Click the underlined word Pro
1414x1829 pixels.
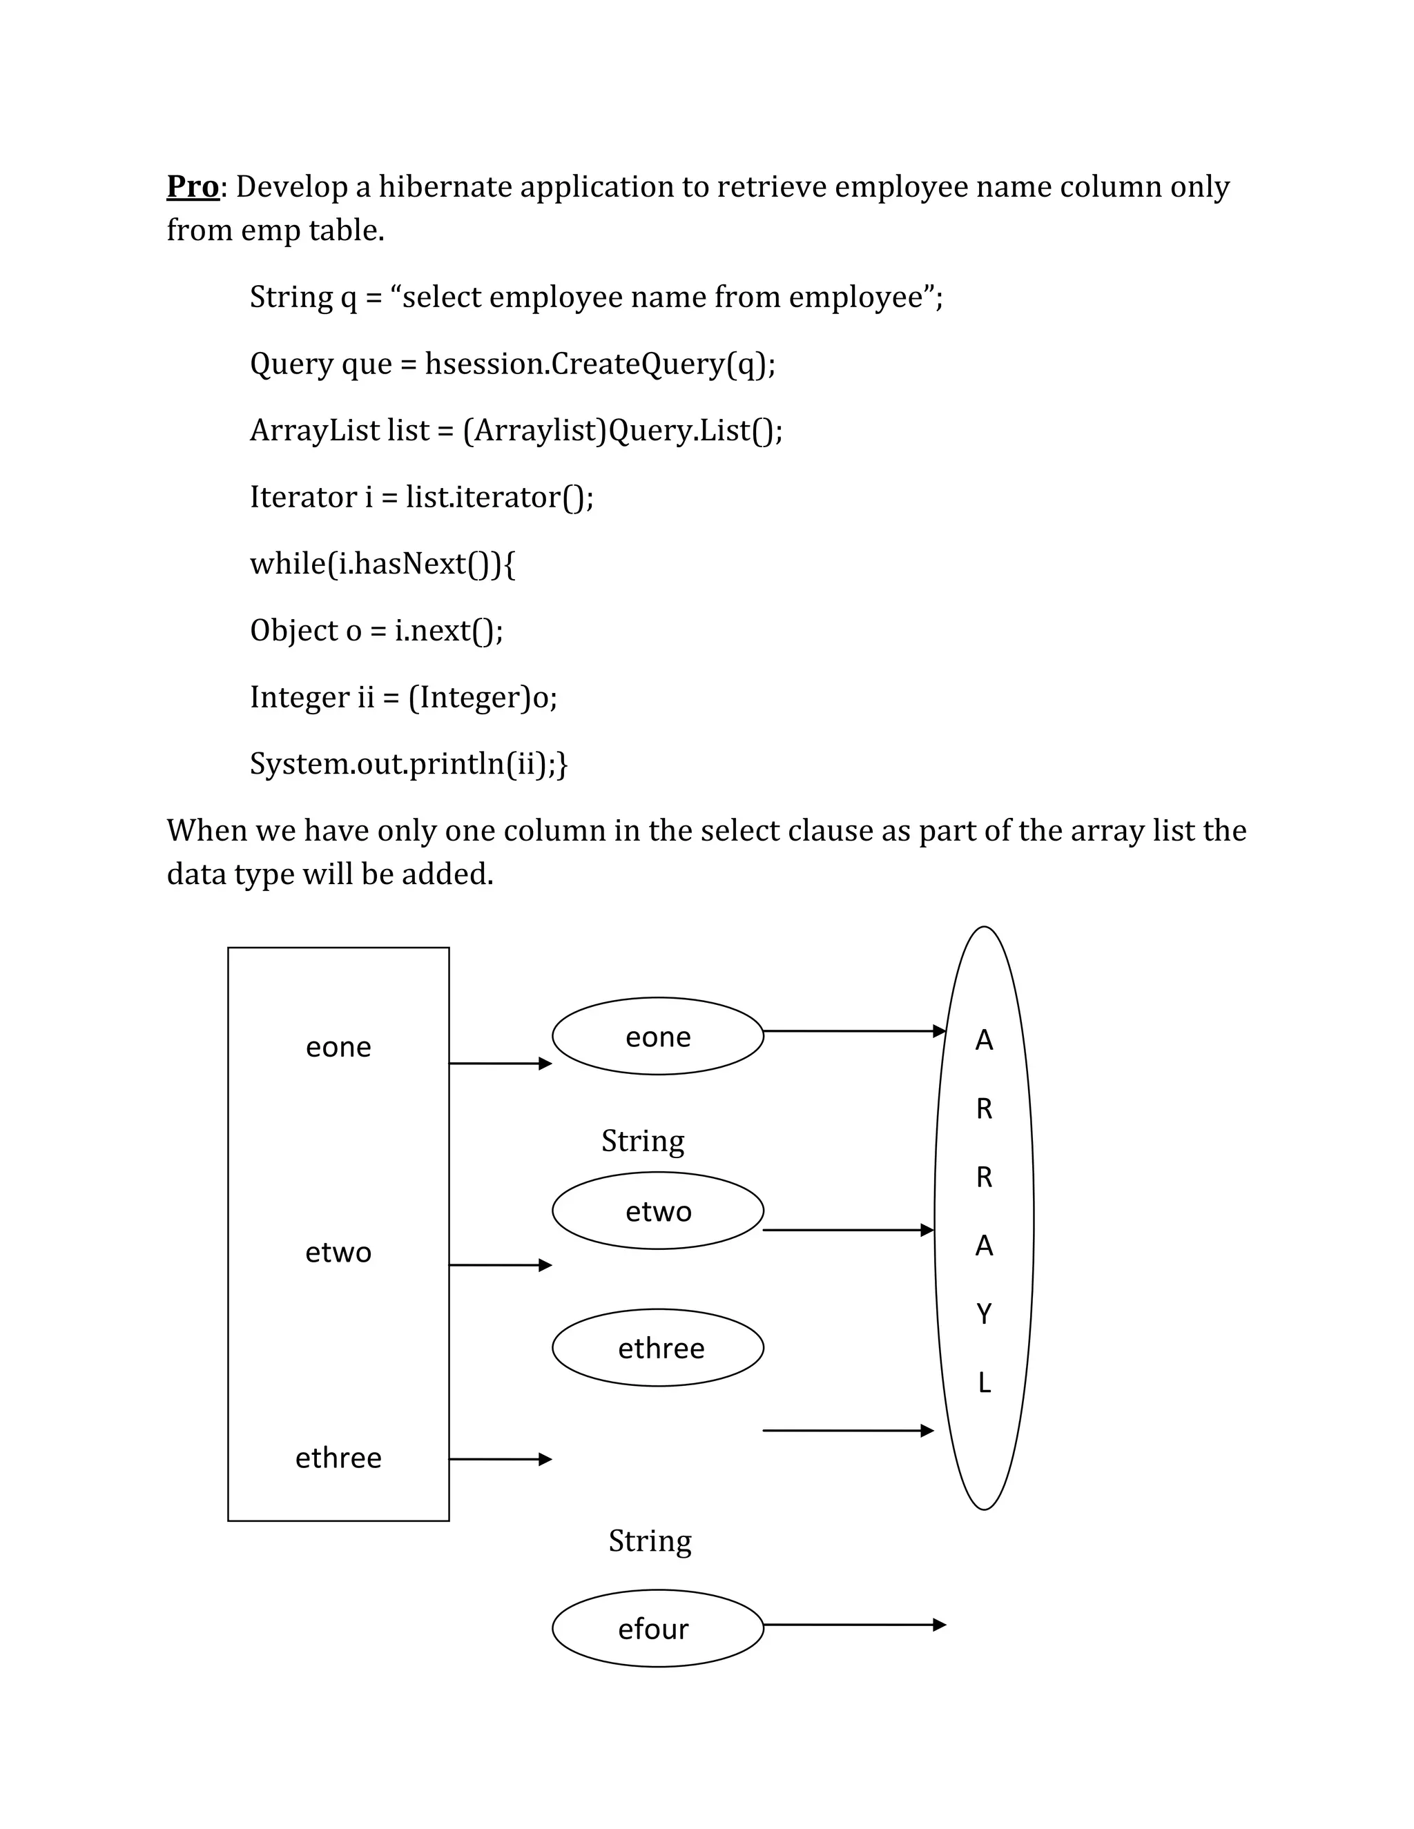193,186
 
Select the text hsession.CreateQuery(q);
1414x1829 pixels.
600,364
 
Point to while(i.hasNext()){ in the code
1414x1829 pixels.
382,564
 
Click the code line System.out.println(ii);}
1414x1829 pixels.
409,764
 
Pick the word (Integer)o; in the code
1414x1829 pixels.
483,697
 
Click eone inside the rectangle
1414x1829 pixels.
338,1047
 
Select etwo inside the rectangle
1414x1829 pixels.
338,1252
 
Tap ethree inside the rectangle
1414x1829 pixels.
338,1458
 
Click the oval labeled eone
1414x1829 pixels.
657,1037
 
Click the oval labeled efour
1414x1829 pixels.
657,1629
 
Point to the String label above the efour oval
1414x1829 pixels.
650,1541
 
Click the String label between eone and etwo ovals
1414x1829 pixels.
643,1142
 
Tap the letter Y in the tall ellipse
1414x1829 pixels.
985,1314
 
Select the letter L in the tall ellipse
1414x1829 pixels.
985,1382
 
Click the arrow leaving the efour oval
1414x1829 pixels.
855,1625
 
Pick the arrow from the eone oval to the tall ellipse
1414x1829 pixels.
855,1031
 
